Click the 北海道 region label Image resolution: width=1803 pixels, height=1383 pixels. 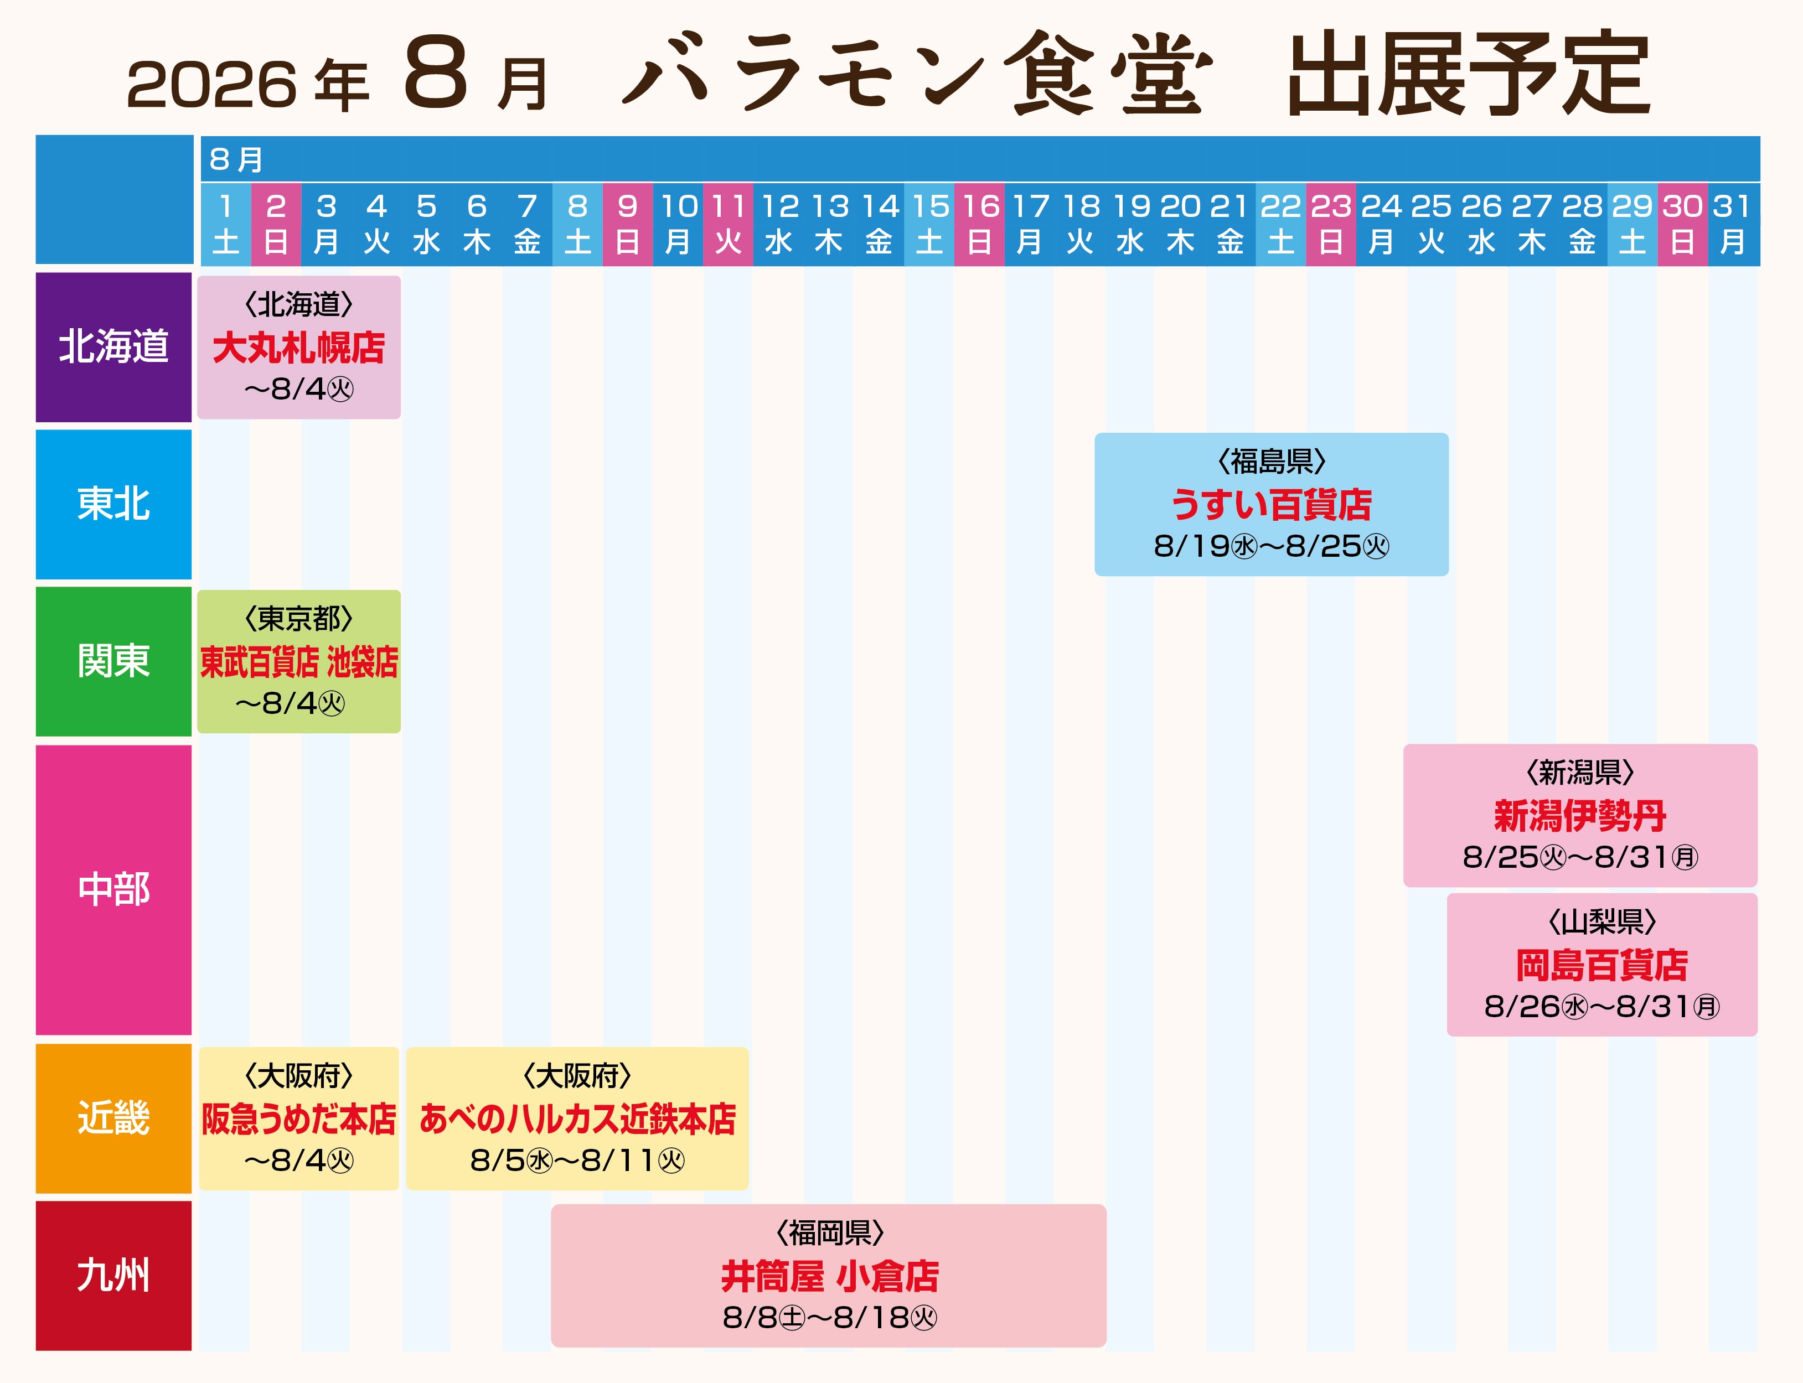113,346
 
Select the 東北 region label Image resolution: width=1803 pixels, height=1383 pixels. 113,504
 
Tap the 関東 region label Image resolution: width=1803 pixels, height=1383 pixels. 113,661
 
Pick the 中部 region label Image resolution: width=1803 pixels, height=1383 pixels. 113,890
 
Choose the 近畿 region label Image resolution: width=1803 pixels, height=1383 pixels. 113,1118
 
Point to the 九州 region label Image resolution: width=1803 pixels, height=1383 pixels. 113,1275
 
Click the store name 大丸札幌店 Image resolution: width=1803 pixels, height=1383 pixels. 299,348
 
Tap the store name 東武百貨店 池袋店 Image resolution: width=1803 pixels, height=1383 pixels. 299,662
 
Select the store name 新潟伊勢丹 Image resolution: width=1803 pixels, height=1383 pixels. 1580,816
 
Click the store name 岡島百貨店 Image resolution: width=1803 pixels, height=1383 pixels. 1601,965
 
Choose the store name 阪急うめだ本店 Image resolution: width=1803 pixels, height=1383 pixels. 299,1119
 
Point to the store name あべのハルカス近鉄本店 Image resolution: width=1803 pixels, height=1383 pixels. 577,1119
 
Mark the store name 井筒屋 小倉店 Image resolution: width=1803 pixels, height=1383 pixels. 830,1276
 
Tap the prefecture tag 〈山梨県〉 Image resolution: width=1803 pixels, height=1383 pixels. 1601,922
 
